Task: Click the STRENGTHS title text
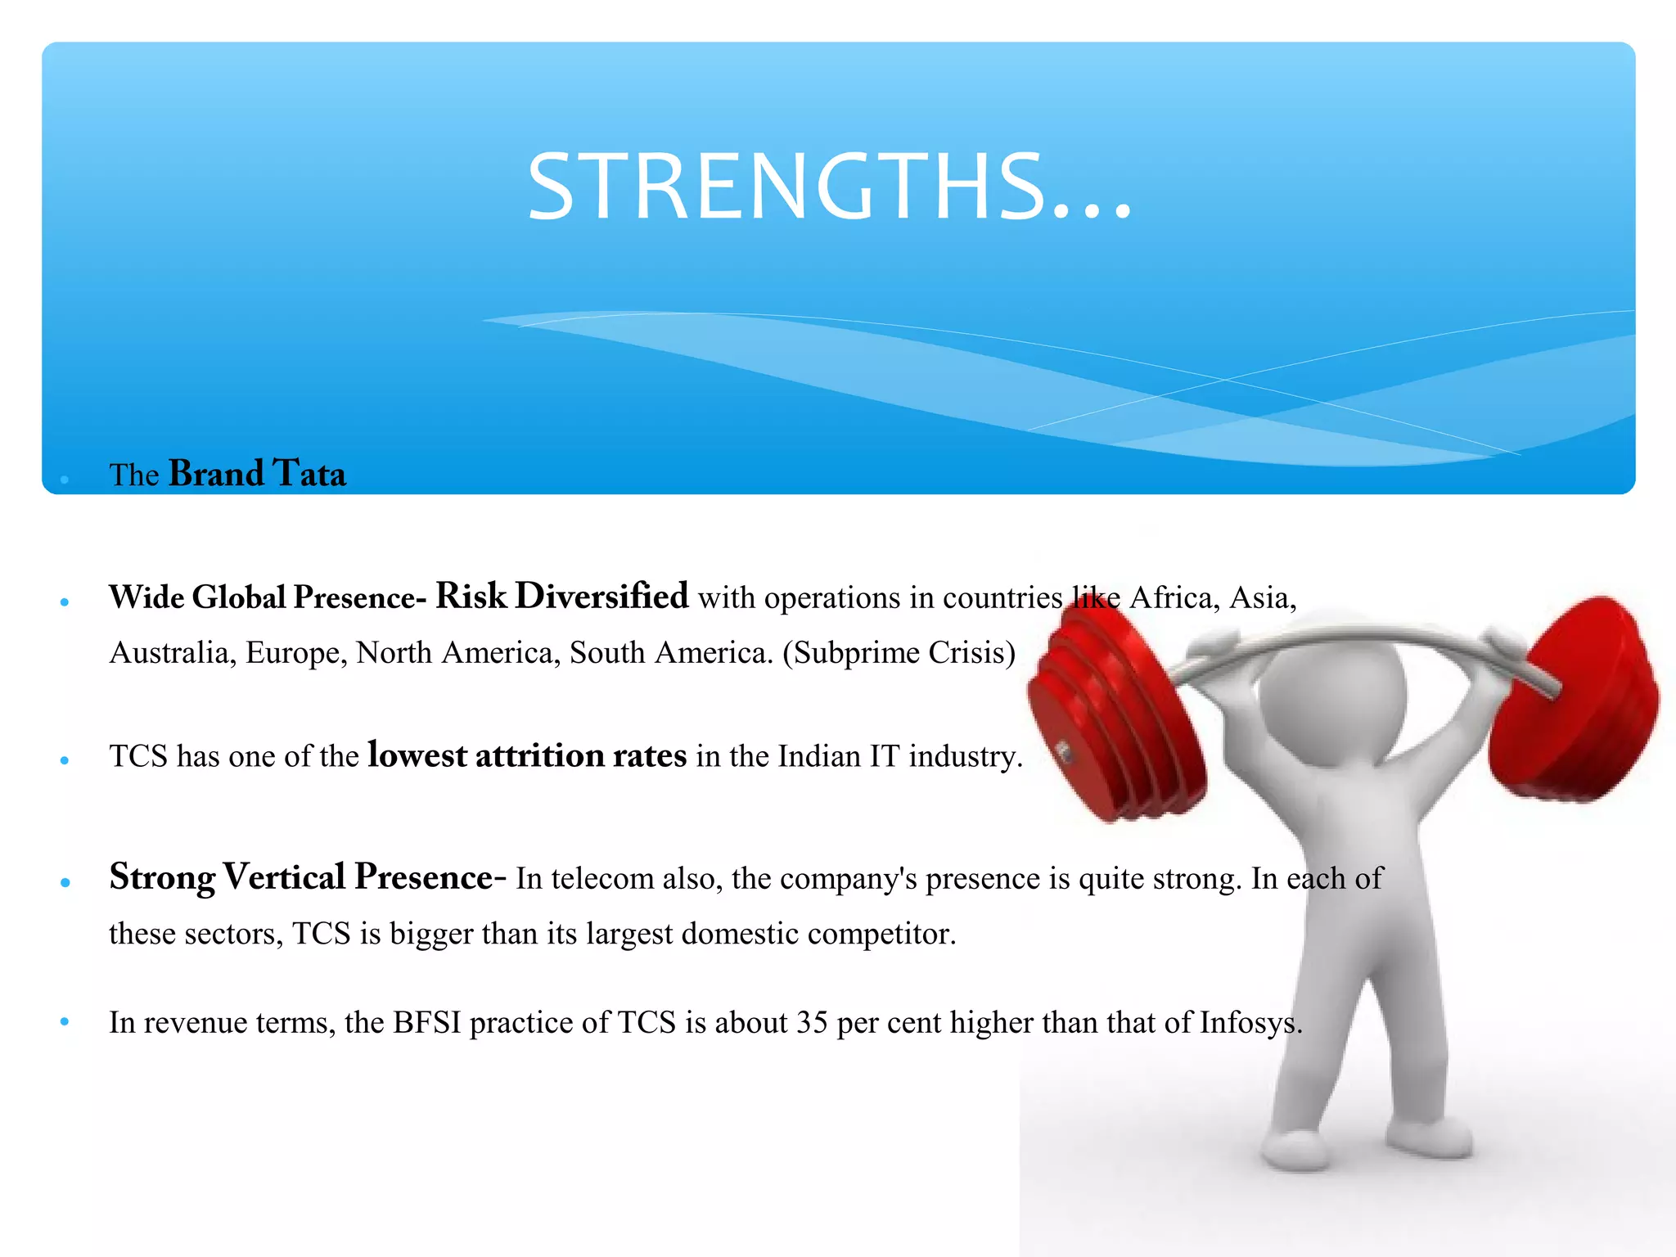[828, 187]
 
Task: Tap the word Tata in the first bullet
[309, 474]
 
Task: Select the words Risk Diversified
[561, 596]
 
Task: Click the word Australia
[169, 653]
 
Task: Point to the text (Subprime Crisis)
[899, 653]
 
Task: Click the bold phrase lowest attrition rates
[527, 755]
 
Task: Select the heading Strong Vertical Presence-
[307, 877]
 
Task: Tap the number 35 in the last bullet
[811, 1023]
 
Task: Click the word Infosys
[1250, 1023]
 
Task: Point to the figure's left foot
[1293, 1146]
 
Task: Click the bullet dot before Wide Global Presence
[65, 602]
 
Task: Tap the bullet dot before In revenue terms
[65, 1021]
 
